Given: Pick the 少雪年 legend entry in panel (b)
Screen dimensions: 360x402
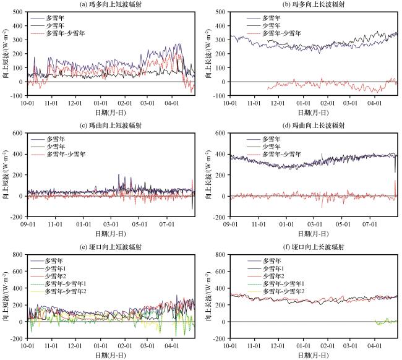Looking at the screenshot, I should pos(272,25).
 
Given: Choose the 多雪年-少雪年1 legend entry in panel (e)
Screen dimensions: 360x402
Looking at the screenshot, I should pos(77,283).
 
